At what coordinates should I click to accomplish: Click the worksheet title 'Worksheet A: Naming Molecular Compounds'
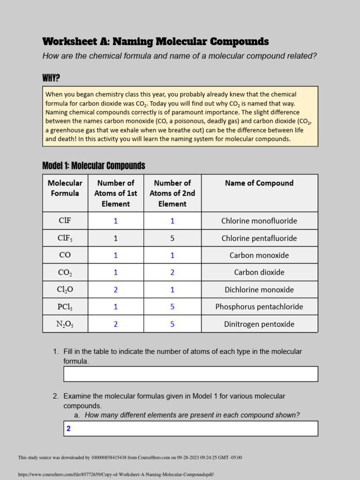pos(155,42)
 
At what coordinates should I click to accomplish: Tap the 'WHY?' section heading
pos(51,77)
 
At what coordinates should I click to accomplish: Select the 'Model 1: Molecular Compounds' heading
pos(94,166)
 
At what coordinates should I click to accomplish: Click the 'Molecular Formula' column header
pos(65,188)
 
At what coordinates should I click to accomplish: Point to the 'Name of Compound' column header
pos(259,183)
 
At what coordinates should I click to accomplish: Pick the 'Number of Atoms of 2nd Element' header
pos(172,193)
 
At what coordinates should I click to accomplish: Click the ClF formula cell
pos(65,220)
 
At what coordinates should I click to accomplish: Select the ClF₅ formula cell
pos(65,238)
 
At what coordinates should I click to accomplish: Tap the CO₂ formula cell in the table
pos(65,272)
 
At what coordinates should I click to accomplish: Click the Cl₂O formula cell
pos(65,290)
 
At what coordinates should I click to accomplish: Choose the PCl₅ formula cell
pos(65,307)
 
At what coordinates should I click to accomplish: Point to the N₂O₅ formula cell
pos(65,324)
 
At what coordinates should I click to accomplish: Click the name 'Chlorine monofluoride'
pos(259,221)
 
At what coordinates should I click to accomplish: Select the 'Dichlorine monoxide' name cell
pos(259,290)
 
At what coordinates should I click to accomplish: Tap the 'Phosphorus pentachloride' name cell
pos(259,307)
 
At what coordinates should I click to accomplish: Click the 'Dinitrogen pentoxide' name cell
pos(259,324)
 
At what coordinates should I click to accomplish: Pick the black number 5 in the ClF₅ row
pos(172,238)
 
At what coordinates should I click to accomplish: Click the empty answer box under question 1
pos(190,374)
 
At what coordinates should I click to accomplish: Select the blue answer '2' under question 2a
pos(68,428)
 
